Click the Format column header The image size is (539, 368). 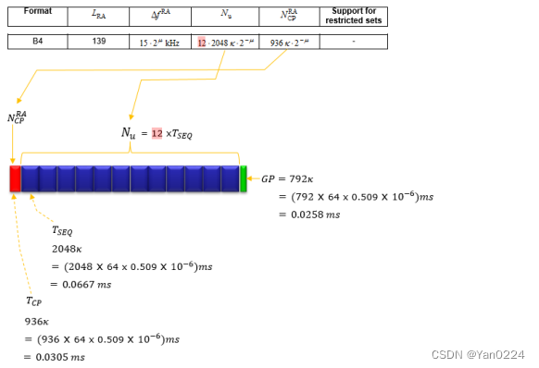[38, 11]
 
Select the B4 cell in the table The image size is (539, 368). [37, 42]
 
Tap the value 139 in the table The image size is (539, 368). [99, 42]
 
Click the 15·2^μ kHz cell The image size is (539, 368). [159, 43]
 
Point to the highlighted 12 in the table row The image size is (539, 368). [202, 43]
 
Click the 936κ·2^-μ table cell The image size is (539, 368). [290, 43]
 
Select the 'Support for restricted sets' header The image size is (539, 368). [354, 16]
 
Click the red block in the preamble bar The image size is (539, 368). [15, 178]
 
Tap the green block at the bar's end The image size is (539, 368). [244, 178]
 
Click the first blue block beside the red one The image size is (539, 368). [30, 178]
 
